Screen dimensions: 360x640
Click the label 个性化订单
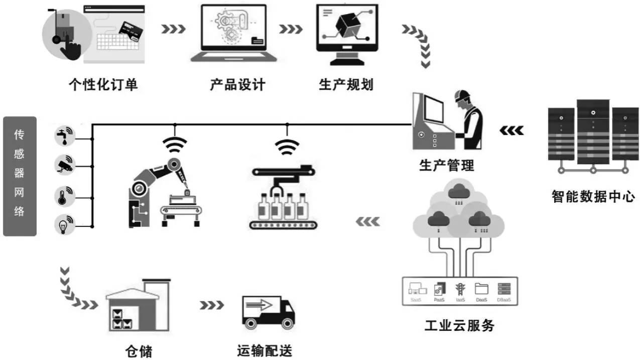[x=102, y=84]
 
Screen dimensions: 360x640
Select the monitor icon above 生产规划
[x=346, y=33]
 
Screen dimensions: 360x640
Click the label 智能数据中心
[x=593, y=195]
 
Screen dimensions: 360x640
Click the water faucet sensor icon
[x=64, y=136]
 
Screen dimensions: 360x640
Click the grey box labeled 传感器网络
[x=20, y=176]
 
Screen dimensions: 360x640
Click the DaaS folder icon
[x=481, y=290]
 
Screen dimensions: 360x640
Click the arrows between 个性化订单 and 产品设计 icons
[x=173, y=29]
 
